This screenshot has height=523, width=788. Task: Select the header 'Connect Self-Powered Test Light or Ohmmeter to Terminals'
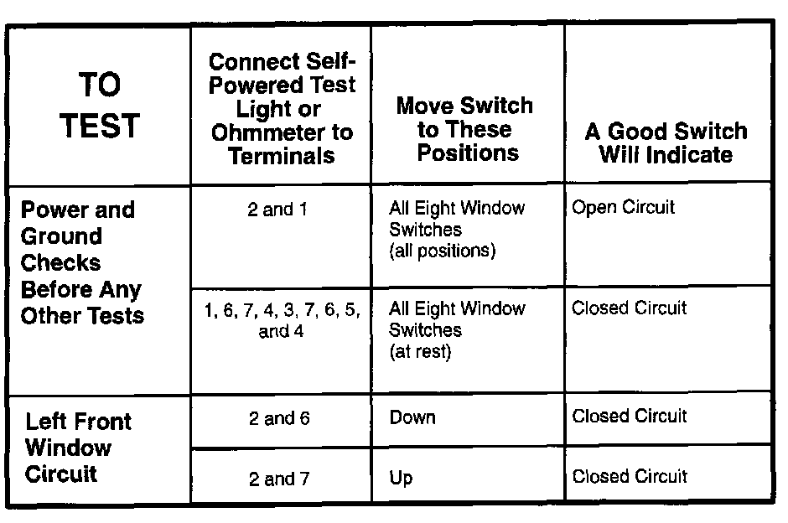tap(282, 109)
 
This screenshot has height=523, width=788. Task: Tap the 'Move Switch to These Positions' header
tap(464, 129)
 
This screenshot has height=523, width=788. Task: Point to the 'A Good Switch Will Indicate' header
tap(666, 142)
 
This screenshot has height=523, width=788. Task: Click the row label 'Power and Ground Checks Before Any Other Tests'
tap(82, 262)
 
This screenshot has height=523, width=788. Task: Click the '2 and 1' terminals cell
tap(277, 210)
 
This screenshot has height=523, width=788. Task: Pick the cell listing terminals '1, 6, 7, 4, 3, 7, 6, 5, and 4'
tap(282, 320)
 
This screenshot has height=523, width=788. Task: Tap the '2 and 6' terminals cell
tap(279, 418)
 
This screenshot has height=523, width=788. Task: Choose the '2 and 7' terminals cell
tap(279, 479)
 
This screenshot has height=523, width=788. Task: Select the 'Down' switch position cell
tap(412, 418)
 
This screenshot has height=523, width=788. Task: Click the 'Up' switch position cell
tap(401, 479)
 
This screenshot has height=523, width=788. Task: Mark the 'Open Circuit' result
tap(623, 207)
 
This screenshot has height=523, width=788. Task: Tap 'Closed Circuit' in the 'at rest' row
tap(629, 308)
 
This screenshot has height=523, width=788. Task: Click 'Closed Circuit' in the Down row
tap(629, 416)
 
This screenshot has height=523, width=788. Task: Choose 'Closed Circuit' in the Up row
tap(629, 477)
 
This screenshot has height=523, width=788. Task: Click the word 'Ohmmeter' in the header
tap(282, 132)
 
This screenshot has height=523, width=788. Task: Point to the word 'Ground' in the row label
tap(62, 236)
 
